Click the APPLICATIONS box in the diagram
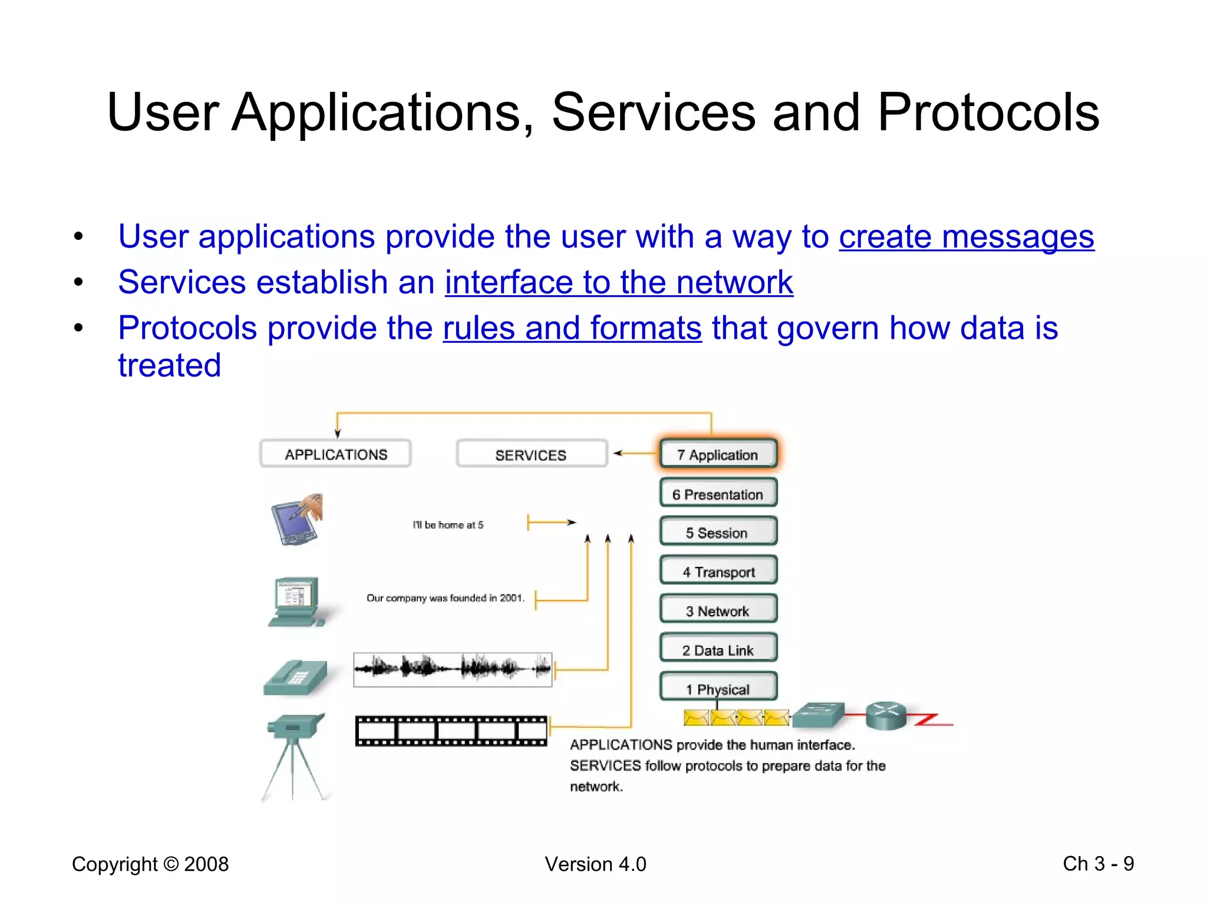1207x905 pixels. (x=335, y=454)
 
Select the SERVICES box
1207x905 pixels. (x=531, y=455)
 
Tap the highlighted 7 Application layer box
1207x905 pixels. (x=718, y=454)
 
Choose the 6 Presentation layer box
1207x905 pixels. (x=718, y=494)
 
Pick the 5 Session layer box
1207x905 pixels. (x=718, y=532)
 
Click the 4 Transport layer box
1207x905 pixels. (x=718, y=572)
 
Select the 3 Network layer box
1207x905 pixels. (x=718, y=610)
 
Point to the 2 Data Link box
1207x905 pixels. (x=718, y=649)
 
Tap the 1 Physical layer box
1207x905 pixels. (x=718, y=688)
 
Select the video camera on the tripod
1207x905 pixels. (x=295, y=754)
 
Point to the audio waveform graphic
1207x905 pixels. (x=453, y=669)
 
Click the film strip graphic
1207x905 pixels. (x=451, y=731)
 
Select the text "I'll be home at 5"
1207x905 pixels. (x=448, y=524)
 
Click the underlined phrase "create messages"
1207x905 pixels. (x=967, y=237)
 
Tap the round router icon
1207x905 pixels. (x=886, y=715)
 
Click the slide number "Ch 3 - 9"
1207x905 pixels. (x=1098, y=864)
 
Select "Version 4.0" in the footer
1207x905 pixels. (x=595, y=864)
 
